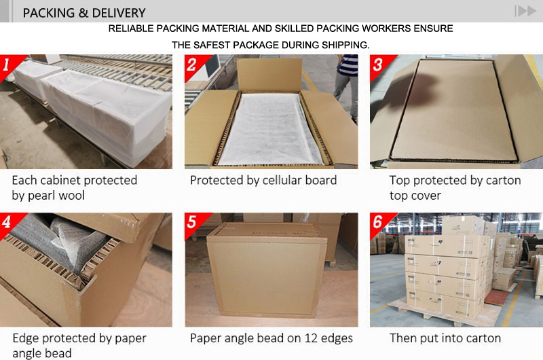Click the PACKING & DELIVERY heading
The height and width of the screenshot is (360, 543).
pyautogui.click(x=84, y=12)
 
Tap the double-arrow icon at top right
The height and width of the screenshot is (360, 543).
pyautogui.click(x=525, y=11)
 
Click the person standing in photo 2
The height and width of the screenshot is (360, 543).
pyautogui.click(x=346, y=75)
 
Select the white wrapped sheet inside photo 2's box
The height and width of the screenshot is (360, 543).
pyautogui.click(x=270, y=129)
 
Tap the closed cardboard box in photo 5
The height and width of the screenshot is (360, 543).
pyautogui.click(x=266, y=272)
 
